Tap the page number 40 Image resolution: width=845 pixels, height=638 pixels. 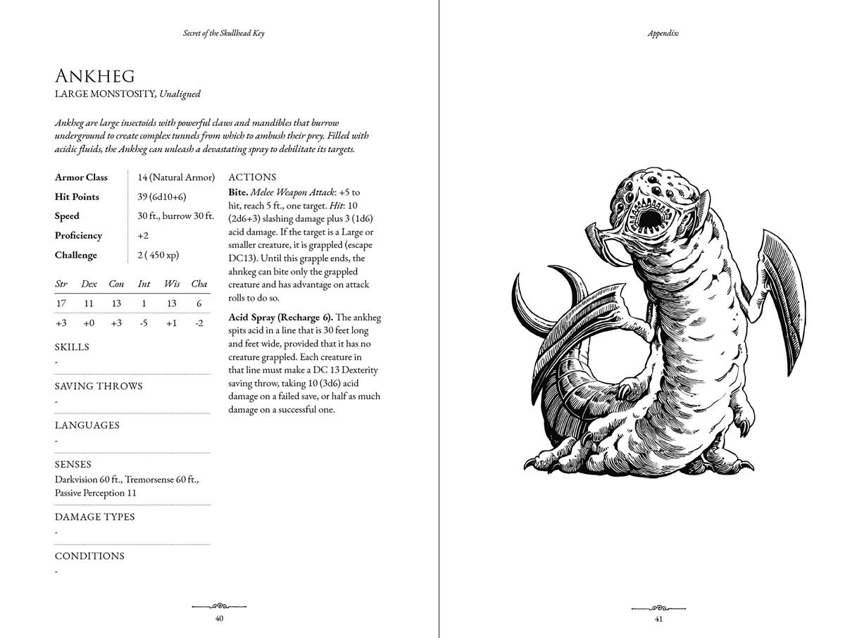coord(220,618)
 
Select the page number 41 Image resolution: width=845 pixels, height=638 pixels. coord(658,619)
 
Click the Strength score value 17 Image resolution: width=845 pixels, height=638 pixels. coord(61,304)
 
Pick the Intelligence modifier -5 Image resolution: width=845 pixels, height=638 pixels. coord(143,323)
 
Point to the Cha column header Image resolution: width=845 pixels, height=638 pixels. coord(199,284)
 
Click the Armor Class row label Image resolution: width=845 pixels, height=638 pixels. coord(81,177)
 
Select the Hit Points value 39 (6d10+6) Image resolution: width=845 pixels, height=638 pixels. coord(162,197)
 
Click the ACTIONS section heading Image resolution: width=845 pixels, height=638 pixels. coord(252,177)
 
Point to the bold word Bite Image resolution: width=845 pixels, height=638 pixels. coord(238,192)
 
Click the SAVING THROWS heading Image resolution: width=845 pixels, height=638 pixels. coord(99,386)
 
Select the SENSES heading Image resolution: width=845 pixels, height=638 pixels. coord(73,465)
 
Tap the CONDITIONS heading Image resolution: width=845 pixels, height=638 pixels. coord(89,556)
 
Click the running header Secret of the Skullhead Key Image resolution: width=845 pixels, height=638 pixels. coord(223,34)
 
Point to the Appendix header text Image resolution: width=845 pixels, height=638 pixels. coord(663,34)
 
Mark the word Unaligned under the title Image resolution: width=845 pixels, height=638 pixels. coord(180,94)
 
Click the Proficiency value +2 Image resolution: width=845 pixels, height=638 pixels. coord(143,236)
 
